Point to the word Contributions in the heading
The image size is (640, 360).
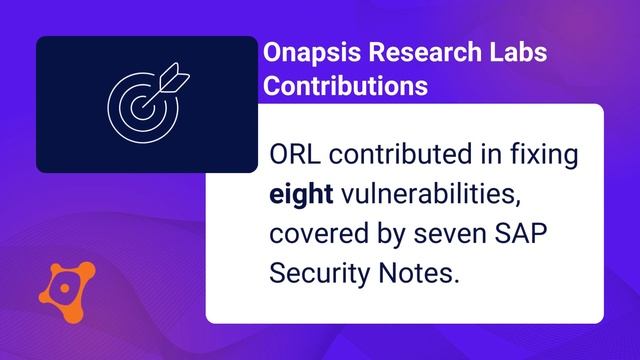tap(344, 86)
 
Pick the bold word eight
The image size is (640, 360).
tap(302, 195)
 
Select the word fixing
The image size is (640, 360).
tap(545, 157)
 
